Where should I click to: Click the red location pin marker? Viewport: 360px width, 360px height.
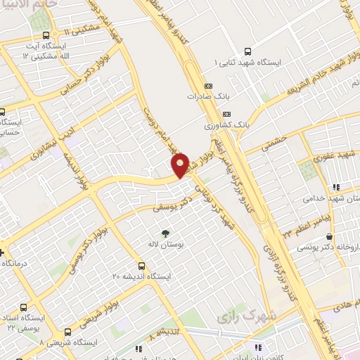[x=180, y=165]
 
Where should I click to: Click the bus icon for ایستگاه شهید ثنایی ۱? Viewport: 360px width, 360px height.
[x=247, y=51]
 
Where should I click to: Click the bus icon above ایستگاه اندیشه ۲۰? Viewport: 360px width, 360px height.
[x=142, y=266]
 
